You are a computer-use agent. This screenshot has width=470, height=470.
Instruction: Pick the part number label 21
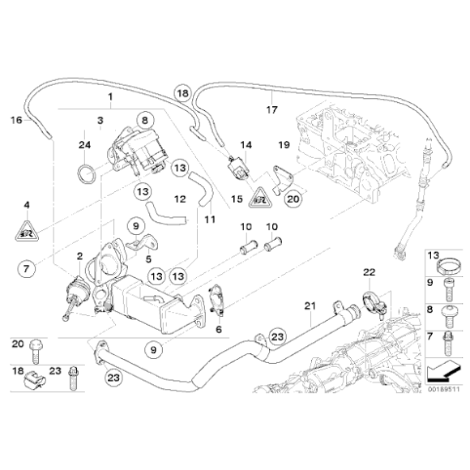click(x=308, y=305)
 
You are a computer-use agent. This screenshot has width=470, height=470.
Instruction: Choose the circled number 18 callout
click(x=183, y=94)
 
